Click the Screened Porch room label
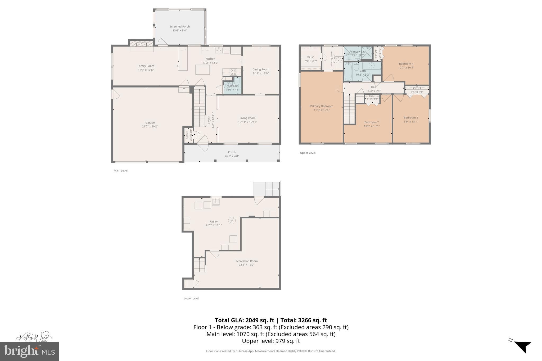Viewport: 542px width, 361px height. click(179, 26)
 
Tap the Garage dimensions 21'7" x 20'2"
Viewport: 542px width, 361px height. click(150, 126)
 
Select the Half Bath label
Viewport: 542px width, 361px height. click(232, 86)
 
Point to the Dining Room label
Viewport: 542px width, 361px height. click(261, 69)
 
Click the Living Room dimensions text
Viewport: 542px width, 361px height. click(247, 122)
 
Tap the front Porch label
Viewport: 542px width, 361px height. click(232, 152)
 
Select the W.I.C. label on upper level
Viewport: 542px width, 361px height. click(311, 57)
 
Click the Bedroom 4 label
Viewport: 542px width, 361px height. click(406, 64)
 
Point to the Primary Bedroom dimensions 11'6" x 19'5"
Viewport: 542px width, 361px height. click(322, 110)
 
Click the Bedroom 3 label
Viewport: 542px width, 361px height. click(411, 118)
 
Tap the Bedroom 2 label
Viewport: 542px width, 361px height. click(372, 122)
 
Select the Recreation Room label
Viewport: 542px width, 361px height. click(246, 261)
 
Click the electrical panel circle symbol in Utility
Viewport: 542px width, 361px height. click(232, 220)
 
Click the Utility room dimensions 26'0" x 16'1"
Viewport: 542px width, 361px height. click(214, 225)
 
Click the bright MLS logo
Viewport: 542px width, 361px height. click(29, 351)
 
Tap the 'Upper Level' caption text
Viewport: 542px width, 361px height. click(308, 153)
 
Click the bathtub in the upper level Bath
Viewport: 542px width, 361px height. click(348, 72)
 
